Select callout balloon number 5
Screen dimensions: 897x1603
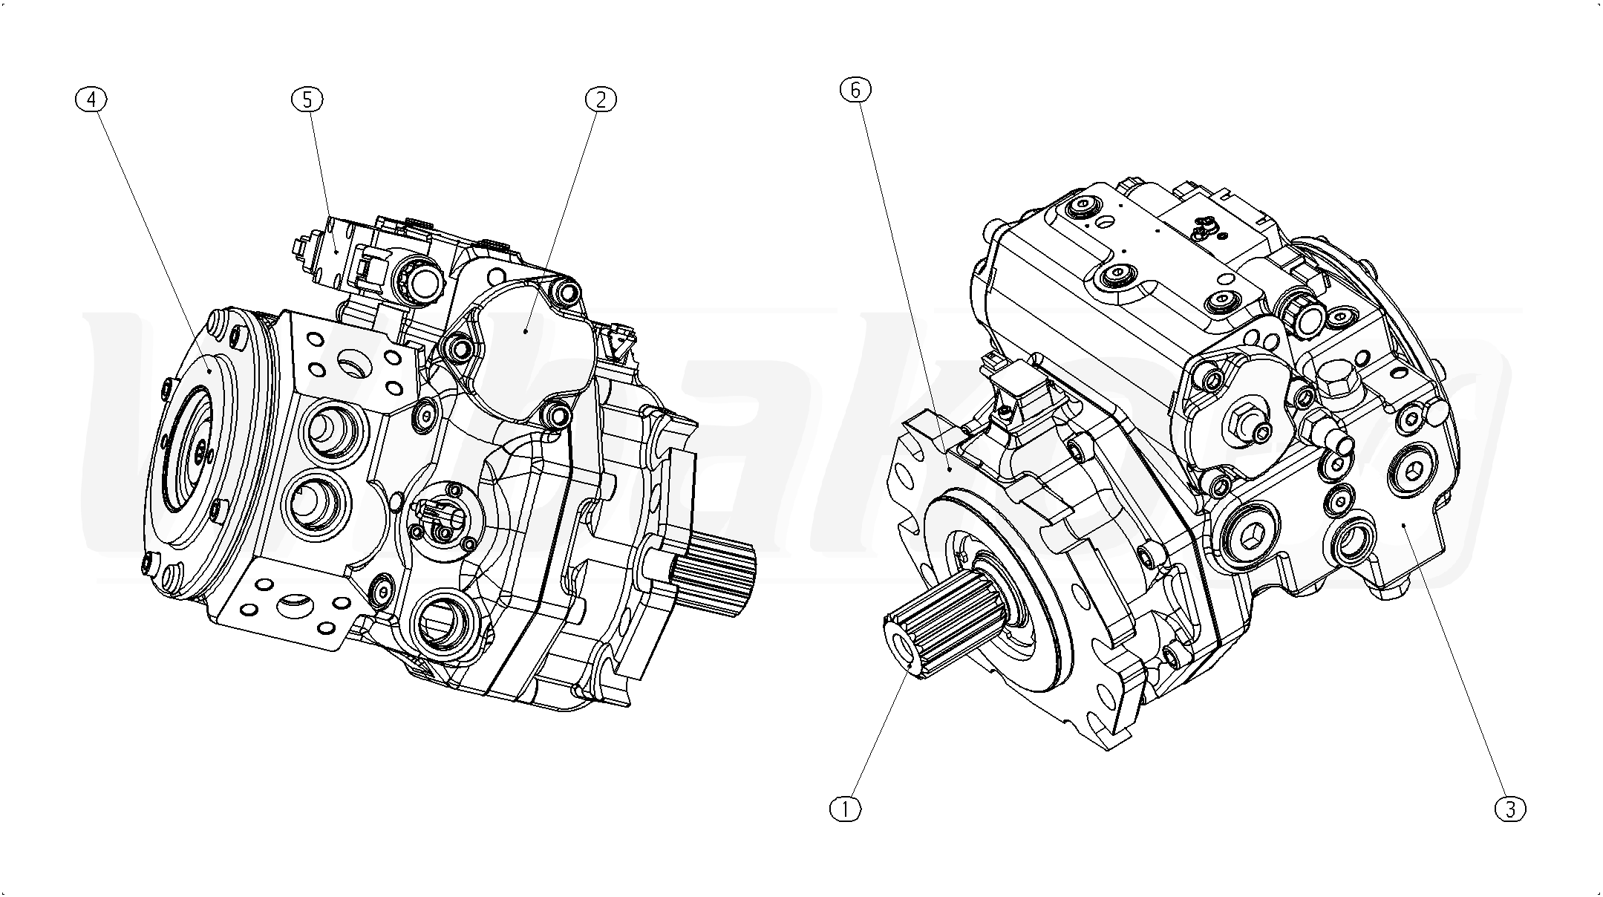point(307,99)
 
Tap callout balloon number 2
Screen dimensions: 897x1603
point(601,99)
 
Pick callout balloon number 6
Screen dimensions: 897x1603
point(855,90)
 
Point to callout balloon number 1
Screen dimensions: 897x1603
point(844,809)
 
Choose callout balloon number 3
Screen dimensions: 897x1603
point(1510,809)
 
